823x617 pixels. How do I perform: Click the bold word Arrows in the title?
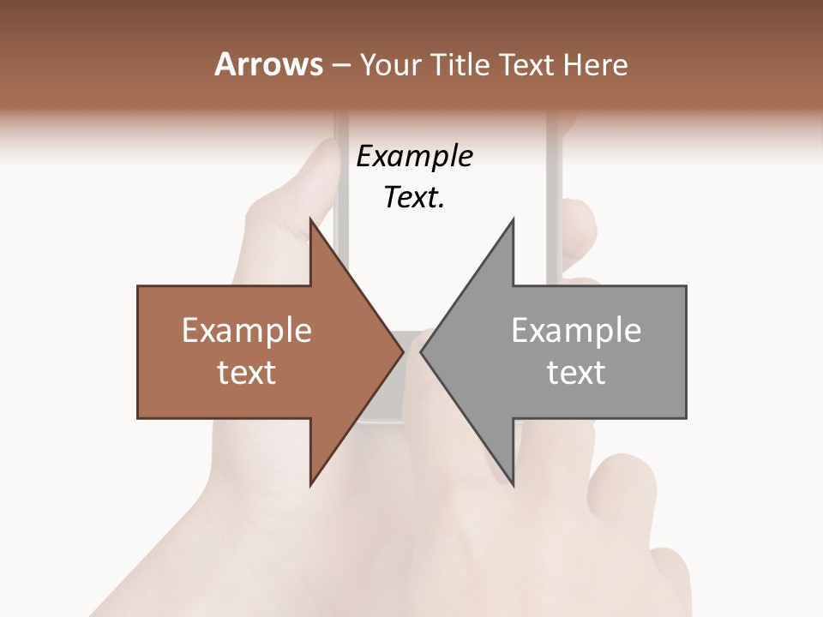click(267, 64)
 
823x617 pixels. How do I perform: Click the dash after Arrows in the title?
click(339, 66)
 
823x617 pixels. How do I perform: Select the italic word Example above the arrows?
click(414, 156)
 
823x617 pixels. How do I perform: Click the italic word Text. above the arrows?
click(414, 198)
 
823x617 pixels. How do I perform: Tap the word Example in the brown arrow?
click(247, 330)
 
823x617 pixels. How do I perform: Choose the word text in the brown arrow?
click(247, 372)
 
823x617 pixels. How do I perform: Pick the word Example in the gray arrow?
click(576, 330)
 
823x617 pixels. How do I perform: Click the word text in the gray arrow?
click(576, 372)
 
